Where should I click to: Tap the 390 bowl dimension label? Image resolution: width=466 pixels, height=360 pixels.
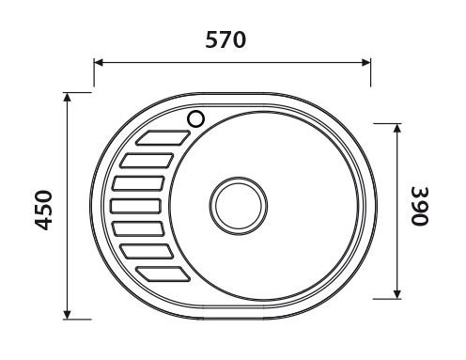click(x=419, y=205)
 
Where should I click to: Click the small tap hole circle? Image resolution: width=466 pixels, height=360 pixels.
click(x=196, y=118)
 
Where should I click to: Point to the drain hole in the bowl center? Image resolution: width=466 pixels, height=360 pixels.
click(x=236, y=204)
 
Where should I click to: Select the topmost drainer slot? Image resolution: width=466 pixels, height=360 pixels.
click(x=161, y=138)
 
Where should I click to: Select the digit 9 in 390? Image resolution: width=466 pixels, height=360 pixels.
click(x=419, y=205)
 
